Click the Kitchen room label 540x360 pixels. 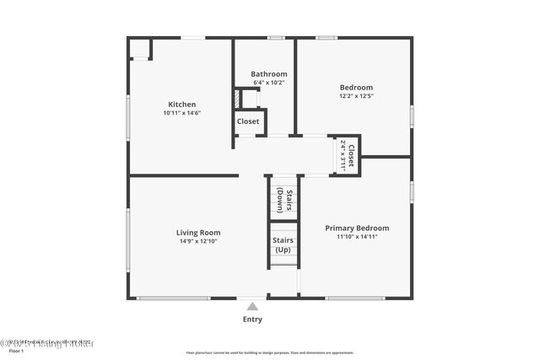181,105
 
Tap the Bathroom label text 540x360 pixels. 268,74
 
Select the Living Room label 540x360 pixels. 198,233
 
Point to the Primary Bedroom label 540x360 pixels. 357,228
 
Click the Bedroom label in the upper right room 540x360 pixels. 356,88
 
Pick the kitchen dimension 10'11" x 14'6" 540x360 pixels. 181,113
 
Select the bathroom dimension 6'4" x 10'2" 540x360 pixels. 268,83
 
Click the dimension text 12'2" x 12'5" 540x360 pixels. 356,96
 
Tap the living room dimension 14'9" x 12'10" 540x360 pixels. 198,241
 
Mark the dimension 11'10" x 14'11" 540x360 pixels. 357,237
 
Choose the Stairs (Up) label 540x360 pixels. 283,244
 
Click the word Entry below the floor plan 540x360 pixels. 252,320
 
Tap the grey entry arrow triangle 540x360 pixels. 252,307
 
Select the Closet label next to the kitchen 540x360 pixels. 248,121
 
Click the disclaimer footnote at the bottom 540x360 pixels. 270,352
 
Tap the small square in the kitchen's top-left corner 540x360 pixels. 139,48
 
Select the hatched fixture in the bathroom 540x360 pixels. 239,99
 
